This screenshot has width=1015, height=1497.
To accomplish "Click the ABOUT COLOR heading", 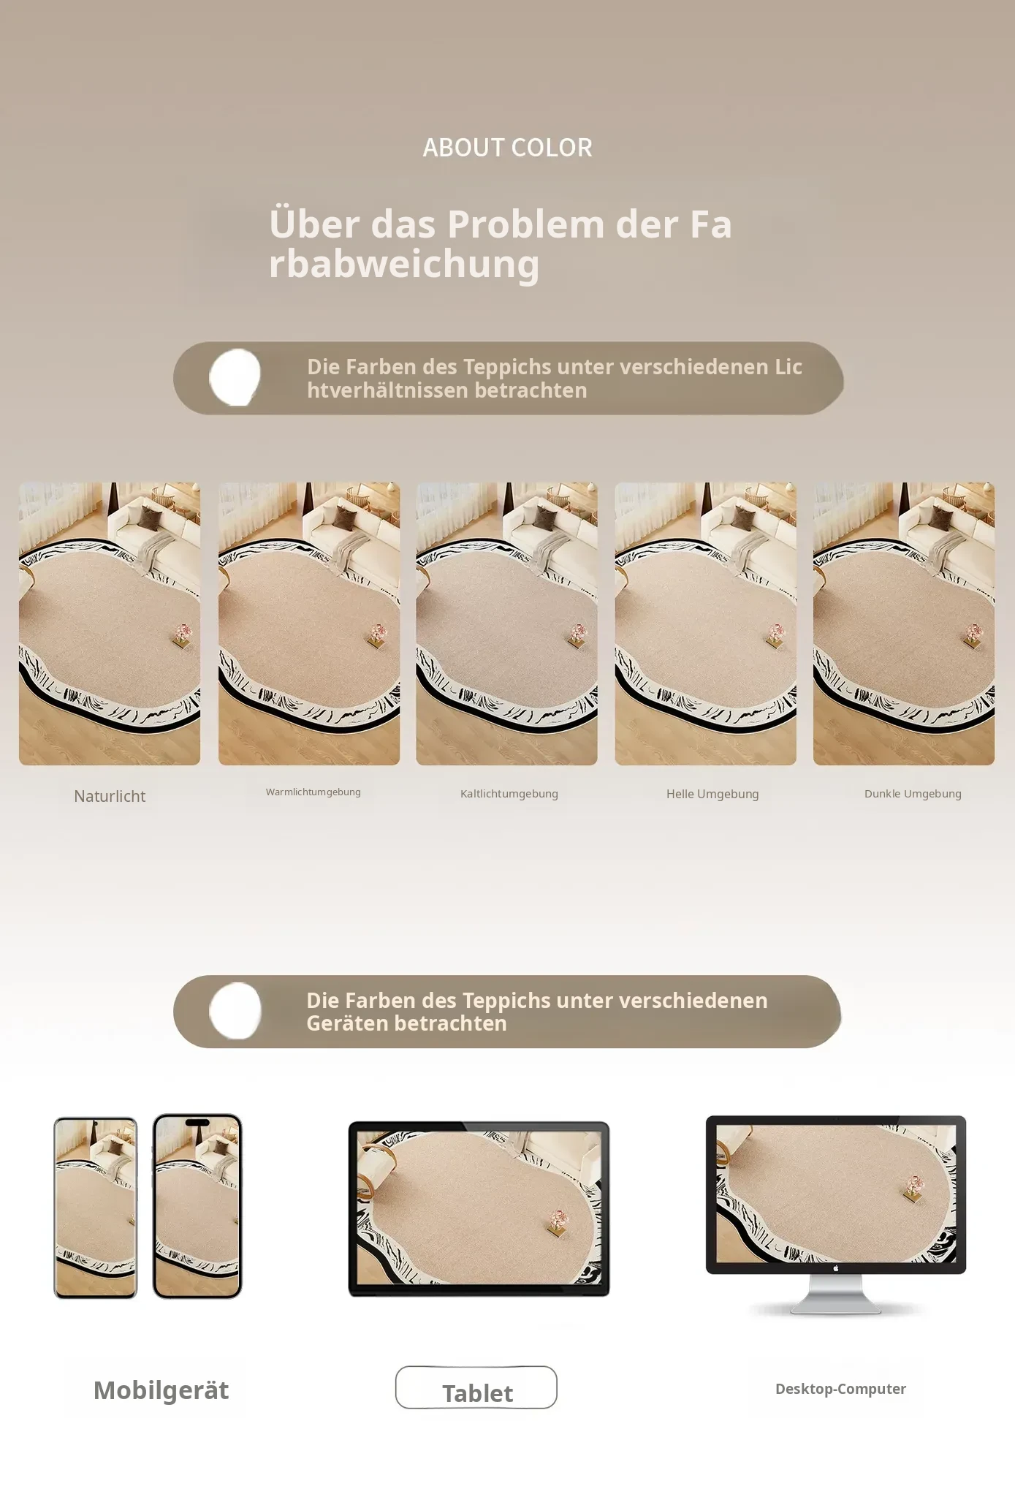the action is (507, 148).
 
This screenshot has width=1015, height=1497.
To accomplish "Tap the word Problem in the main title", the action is (526, 224).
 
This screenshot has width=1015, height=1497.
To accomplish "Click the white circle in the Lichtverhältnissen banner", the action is (235, 377).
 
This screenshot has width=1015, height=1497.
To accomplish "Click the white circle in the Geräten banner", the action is (235, 1011).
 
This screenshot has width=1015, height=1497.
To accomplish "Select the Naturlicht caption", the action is (110, 796).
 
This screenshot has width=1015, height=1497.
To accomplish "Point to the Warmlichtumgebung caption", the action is (313, 792).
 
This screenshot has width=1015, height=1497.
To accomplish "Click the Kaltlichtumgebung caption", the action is (509, 794).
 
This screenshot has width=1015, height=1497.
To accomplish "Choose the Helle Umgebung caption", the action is (712, 794).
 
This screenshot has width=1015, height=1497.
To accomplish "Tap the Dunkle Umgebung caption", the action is (913, 794).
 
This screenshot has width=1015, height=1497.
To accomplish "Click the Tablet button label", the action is (477, 1393).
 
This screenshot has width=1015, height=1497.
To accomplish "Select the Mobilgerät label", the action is (161, 1390).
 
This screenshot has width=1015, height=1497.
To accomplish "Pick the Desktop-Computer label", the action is (840, 1389).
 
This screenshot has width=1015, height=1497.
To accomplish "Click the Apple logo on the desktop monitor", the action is (836, 1268).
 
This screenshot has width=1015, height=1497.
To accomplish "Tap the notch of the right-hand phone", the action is (197, 1122).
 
